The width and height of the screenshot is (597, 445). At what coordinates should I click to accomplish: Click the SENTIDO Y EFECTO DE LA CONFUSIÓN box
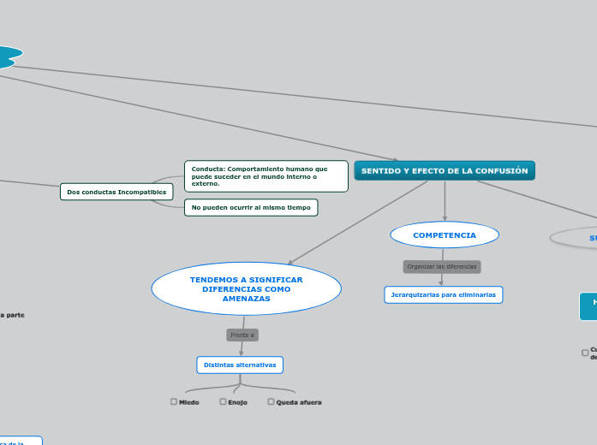(x=445, y=171)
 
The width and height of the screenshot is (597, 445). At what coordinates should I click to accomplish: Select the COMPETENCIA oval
(x=445, y=234)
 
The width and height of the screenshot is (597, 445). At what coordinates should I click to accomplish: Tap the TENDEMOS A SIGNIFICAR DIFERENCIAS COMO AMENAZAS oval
(x=247, y=288)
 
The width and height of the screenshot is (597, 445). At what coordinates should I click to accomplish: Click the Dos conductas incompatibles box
(x=116, y=192)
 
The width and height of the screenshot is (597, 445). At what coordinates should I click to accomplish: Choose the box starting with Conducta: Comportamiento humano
(x=266, y=175)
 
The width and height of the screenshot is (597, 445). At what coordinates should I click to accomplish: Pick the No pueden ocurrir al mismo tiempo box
(x=251, y=207)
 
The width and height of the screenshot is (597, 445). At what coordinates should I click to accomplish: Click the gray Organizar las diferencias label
(x=442, y=266)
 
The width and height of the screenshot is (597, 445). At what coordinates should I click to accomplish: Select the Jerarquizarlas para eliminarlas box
(x=444, y=294)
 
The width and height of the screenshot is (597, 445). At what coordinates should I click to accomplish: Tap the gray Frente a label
(x=242, y=335)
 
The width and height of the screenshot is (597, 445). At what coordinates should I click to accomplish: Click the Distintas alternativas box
(x=240, y=365)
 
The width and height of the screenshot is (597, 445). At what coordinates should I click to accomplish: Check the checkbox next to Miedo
(x=174, y=401)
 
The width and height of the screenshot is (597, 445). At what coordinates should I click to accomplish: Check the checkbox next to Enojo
(x=223, y=401)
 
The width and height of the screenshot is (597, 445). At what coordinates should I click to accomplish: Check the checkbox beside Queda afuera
(x=271, y=401)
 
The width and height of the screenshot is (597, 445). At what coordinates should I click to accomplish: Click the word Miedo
(x=189, y=402)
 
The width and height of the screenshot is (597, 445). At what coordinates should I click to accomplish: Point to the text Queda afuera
(x=299, y=402)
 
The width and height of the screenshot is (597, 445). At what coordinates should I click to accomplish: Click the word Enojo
(x=237, y=402)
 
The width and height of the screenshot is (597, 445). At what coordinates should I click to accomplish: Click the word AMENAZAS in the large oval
(x=247, y=299)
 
